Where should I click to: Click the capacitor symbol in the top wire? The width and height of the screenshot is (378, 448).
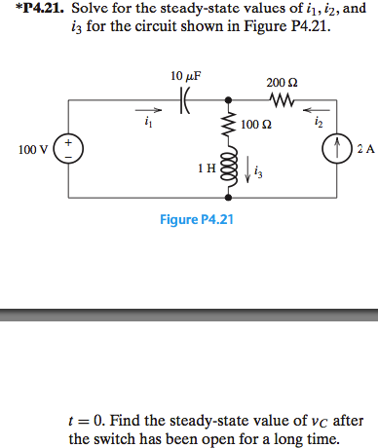point(185,98)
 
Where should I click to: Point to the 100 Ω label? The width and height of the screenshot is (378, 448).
point(255,125)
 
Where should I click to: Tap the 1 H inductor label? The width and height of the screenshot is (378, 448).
point(207,168)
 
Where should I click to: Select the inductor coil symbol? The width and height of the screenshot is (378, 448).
point(230,168)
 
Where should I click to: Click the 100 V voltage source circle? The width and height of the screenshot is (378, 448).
point(68,149)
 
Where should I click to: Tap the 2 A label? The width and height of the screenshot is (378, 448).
point(365,149)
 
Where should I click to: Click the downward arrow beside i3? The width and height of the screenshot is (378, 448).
point(246,171)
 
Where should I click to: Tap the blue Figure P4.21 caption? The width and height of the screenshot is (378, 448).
point(197,219)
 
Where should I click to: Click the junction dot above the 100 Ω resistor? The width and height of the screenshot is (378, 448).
point(230,98)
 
